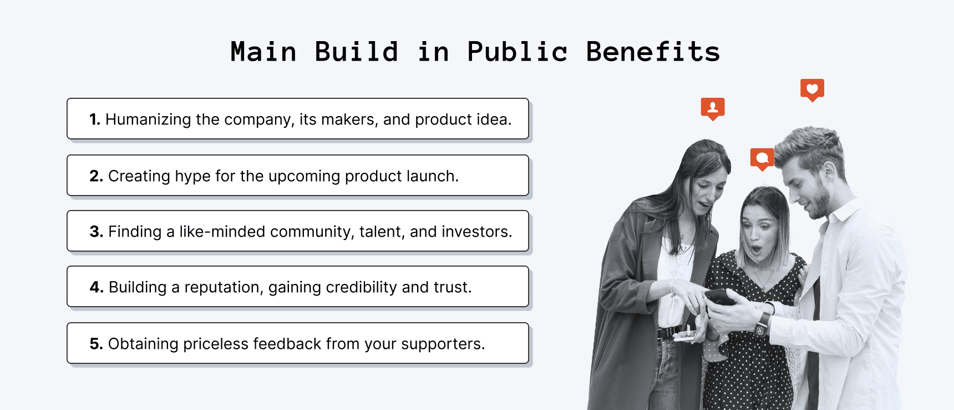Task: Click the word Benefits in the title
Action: click(x=653, y=52)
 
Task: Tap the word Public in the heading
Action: click(x=517, y=52)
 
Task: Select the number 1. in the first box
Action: click(x=95, y=119)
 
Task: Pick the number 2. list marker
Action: click(x=96, y=176)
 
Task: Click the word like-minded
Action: click(x=222, y=232)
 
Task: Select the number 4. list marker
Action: click(x=97, y=287)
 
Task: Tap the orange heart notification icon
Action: click(x=812, y=89)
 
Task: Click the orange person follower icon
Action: click(x=713, y=108)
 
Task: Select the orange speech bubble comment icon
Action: click(x=762, y=158)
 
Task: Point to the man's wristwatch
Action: click(x=763, y=322)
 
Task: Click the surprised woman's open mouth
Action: click(x=757, y=249)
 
